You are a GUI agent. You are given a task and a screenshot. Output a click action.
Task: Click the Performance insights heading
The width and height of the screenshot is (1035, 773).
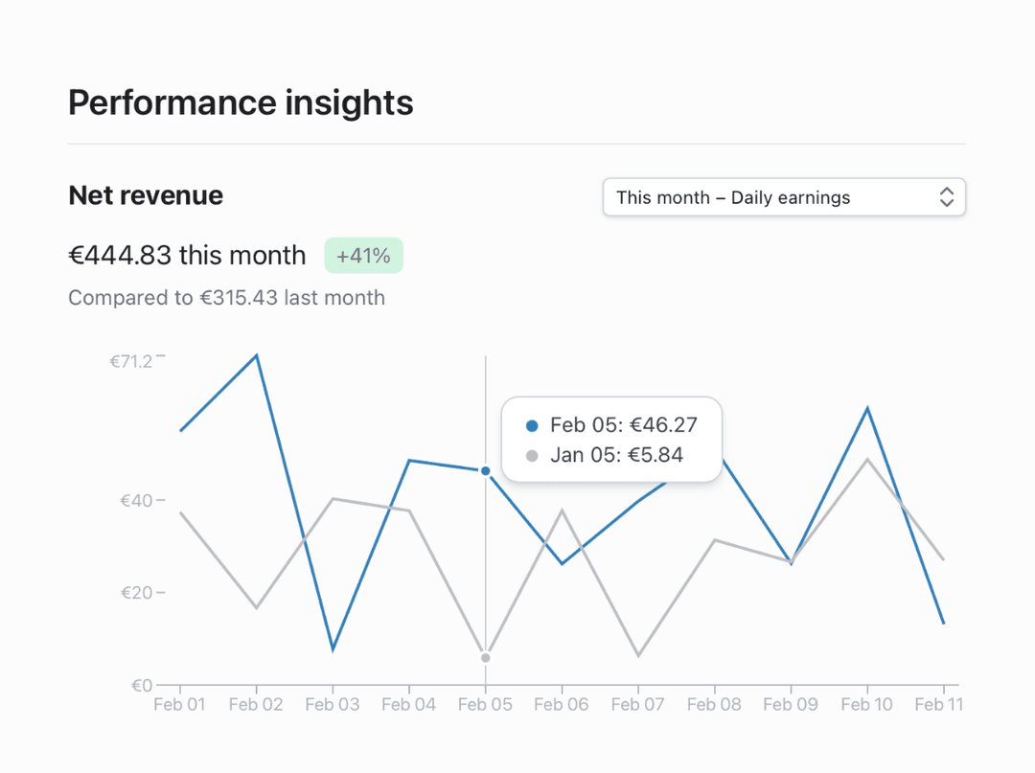tap(241, 102)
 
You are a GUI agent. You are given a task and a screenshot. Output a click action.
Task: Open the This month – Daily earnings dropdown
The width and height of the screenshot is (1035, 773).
tap(783, 197)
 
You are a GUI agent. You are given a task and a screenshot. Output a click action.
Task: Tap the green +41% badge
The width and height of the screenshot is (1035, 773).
tap(363, 256)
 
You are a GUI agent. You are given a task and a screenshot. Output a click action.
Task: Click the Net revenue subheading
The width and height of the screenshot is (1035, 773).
tap(146, 195)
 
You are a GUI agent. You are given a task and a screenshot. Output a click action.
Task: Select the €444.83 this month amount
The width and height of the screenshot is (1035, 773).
tap(187, 256)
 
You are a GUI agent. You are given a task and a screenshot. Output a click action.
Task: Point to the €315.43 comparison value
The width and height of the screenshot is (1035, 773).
tap(239, 298)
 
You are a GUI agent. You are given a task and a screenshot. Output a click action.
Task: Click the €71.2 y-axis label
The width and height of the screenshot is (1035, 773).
tap(131, 361)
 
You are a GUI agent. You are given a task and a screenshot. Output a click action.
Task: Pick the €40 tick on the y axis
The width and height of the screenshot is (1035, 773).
tap(135, 501)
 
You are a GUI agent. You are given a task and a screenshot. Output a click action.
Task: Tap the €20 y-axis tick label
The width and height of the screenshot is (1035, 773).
tap(135, 593)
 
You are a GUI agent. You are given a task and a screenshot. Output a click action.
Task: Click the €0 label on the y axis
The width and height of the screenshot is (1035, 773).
tap(141, 685)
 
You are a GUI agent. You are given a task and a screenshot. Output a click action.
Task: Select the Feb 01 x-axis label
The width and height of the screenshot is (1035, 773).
tap(179, 705)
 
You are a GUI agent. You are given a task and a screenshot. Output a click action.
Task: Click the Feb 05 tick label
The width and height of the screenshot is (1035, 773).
tap(485, 705)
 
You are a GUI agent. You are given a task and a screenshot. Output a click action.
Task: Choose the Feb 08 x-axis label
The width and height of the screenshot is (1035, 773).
tap(714, 705)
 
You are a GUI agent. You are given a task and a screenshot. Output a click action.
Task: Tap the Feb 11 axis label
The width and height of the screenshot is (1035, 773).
tap(939, 705)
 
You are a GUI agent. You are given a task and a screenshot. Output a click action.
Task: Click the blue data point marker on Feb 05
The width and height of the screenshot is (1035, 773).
tap(486, 471)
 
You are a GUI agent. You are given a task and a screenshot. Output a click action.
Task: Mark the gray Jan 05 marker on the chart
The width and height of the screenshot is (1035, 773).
tap(486, 658)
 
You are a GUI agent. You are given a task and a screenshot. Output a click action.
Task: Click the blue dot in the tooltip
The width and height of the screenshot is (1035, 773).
tap(533, 425)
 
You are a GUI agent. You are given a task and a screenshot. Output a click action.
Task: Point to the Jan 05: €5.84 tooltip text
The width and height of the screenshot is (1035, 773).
tap(616, 455)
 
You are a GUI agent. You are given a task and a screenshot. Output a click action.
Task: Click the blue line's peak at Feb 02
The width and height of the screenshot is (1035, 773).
tap(256, 356)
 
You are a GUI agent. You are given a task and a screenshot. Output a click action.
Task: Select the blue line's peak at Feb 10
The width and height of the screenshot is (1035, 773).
tap(867, 409)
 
